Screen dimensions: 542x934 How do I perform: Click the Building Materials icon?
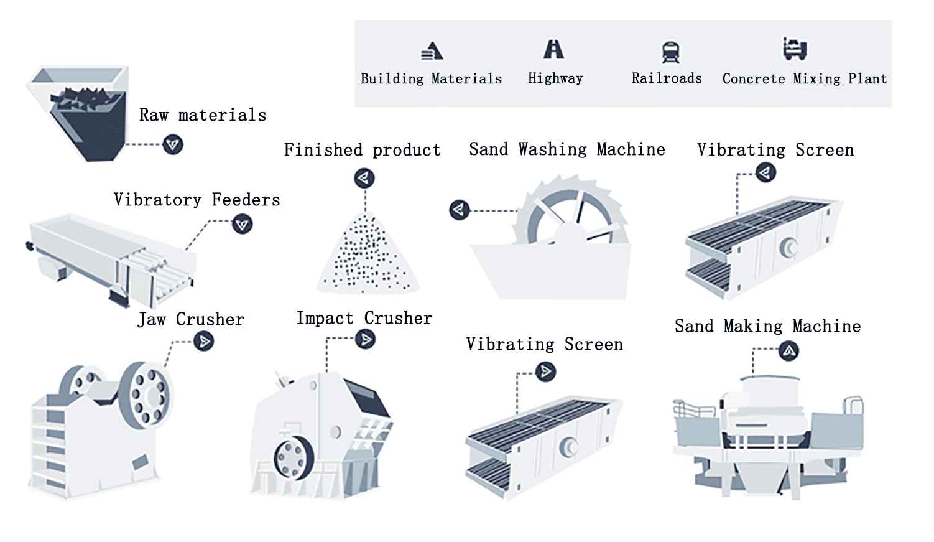click(432, 50)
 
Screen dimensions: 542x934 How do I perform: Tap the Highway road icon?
click(553, 49)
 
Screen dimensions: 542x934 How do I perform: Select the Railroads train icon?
click(670, 52)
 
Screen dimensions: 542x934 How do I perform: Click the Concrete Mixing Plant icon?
click(794, 48)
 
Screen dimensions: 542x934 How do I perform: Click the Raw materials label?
click(203, 115)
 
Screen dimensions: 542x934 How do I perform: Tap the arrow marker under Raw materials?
click(173, 145)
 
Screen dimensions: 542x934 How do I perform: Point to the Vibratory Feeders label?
click(197, 200)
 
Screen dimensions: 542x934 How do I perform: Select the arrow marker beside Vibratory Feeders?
click(242, 224)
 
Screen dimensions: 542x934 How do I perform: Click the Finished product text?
click(362, 150)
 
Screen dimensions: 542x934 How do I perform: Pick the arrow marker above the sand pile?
click(364, 179)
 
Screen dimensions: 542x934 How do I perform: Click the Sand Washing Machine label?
click(566, 149)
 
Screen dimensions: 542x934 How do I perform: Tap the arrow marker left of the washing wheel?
click(459, 210)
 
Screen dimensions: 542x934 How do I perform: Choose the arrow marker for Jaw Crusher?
click(203, 341)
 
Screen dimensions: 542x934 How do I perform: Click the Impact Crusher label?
click(364, 319)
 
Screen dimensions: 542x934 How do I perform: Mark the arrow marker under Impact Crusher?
click(365, 339)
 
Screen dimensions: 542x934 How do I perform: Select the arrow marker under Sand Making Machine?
click(789, 352)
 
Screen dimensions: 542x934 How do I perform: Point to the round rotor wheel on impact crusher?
click(293, 458)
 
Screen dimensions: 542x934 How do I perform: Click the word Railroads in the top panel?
click(667, 78)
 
